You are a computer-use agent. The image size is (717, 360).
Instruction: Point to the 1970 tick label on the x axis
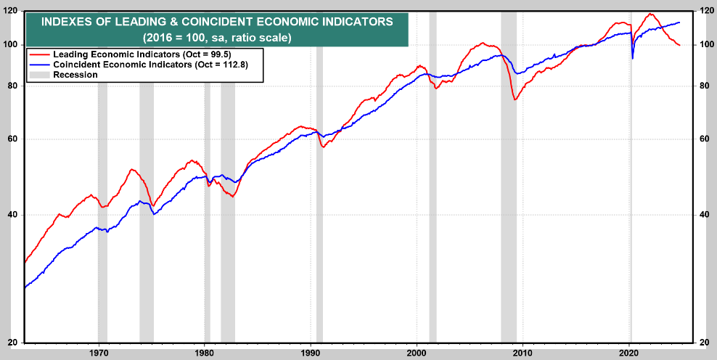99,351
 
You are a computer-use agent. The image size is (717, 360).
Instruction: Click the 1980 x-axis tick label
205,351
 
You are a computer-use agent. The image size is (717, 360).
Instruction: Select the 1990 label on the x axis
311,351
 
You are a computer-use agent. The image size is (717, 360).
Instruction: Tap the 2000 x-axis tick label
417,351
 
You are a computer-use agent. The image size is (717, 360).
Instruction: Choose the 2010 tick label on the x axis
523,351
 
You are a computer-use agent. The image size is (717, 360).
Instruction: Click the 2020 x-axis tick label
629,351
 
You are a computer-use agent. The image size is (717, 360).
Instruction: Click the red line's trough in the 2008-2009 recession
515,99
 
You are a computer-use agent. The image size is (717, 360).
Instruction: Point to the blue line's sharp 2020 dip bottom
632,58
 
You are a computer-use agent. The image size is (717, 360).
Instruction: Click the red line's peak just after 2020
650,14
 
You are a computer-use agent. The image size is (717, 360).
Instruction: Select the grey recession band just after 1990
319,181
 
